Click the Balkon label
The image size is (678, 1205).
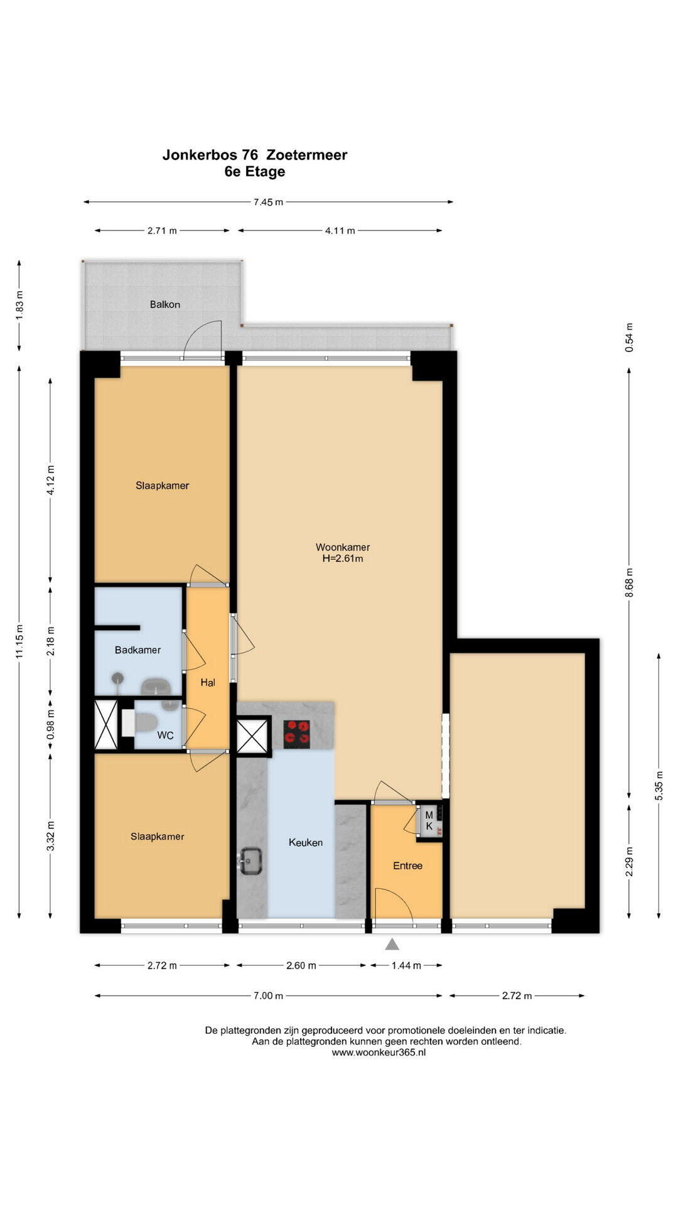click(x=165, y=304)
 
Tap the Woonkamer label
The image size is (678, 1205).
click(x=343, y=547)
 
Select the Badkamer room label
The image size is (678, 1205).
click(x=137, y=650)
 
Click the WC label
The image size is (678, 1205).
click(x=165, y=736)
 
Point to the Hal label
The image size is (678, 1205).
click(x=208, y=682)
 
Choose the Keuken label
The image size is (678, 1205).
click(x=306, y=842)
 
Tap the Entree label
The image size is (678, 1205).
click(x=407, y=865)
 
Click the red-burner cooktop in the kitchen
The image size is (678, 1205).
click(x=297, y=734)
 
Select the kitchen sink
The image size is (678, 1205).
click(x=250, y=860)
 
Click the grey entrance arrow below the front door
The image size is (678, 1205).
click(x=392, y=944)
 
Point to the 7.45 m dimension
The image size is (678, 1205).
click(x=268, y=202)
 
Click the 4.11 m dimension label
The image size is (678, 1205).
click(x=340, y=230)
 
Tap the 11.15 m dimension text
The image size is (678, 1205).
click(x=19, y=641)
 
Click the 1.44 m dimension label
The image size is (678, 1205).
click(x=406, y=965)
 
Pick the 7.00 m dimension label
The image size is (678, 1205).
click(x=268, y=995)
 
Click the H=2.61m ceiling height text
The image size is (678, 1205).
click(x=343, y=559)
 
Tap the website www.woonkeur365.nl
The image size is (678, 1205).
click(x=379, y=1052)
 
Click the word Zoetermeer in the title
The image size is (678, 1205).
click(x=306, y=155)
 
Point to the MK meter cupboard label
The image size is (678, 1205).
click(x=429, y=820)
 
